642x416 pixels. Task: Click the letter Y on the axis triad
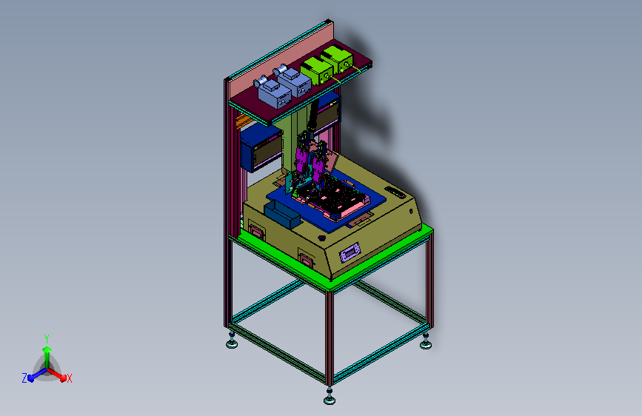[47, 338]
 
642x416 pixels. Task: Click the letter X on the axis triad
[70, 379]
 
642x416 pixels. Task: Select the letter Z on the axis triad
[24, 378]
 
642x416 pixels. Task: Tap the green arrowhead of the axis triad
[47, 349]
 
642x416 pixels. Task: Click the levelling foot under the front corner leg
[330, 397]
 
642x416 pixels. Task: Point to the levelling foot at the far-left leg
[232, 341]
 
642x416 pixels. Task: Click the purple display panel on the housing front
[350, 252]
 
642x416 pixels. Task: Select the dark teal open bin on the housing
[283, 215]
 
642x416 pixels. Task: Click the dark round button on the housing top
[321, 238]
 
